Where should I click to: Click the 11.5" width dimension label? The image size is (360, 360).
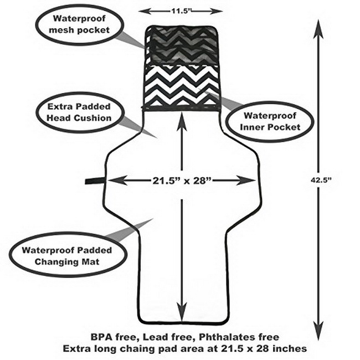181,11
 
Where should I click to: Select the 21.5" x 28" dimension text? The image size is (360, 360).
182,181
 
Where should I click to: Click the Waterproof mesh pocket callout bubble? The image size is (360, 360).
79,24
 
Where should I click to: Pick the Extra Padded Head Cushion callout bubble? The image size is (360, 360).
80,112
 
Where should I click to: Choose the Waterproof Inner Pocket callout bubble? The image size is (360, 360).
270,122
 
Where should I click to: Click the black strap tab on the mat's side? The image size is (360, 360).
95,181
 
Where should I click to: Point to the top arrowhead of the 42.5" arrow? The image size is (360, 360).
318,29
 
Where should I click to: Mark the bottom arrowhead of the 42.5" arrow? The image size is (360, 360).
318,331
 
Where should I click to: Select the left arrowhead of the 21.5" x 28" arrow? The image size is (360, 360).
117,181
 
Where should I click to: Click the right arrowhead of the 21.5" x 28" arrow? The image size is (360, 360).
246,181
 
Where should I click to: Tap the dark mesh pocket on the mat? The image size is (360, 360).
182,46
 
